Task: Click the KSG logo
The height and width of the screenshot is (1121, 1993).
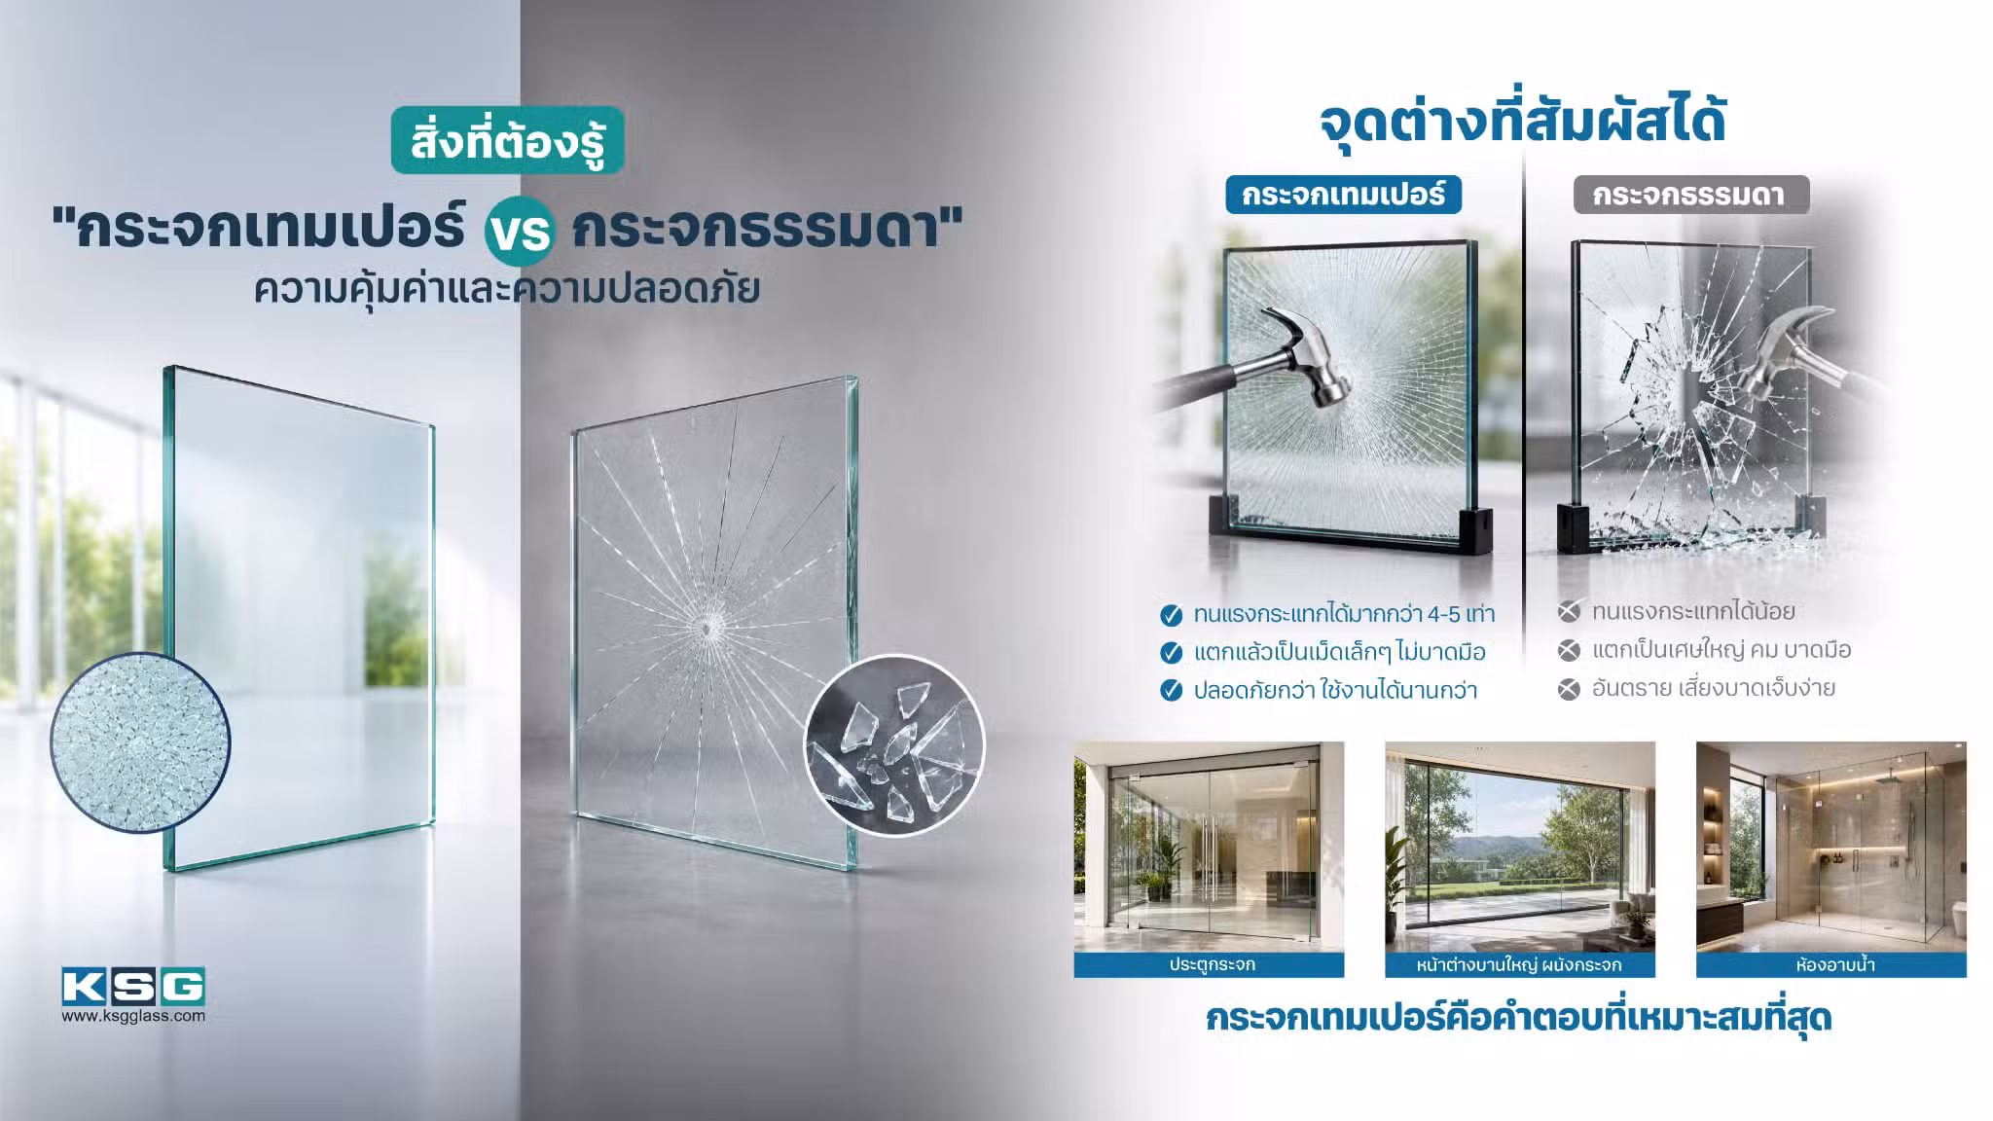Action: (x=133, y=986)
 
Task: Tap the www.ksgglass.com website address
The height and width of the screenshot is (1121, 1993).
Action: (x=133, y=1016)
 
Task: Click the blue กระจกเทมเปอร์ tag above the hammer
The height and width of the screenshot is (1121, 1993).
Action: (x=1343, y=195)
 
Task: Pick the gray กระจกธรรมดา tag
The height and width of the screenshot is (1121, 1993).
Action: (x=1691, y=195)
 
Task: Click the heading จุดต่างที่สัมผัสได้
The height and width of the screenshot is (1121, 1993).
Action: (x=1522, y=124)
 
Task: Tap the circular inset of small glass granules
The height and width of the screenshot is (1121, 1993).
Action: (x=140, y=742)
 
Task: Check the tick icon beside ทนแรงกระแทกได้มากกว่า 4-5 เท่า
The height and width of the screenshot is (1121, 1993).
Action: (x=1172, y=615)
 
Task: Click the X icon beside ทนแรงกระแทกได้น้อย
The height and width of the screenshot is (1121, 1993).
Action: (x=1569, y=612)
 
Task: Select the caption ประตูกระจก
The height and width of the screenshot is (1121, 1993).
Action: (x=1213, y=965)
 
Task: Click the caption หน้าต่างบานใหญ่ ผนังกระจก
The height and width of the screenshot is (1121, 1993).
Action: (x=1519, y=965)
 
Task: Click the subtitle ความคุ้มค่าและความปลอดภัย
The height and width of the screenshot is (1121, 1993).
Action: (x=507, y=289)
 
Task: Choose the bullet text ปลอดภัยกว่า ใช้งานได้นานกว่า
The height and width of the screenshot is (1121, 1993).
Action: (x=1335, y=691)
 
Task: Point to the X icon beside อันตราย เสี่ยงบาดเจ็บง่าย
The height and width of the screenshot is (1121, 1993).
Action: (x=1569, y=690)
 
